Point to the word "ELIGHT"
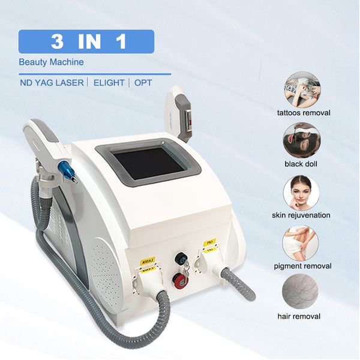click(108, 83)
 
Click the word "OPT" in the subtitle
click(143, 83)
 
